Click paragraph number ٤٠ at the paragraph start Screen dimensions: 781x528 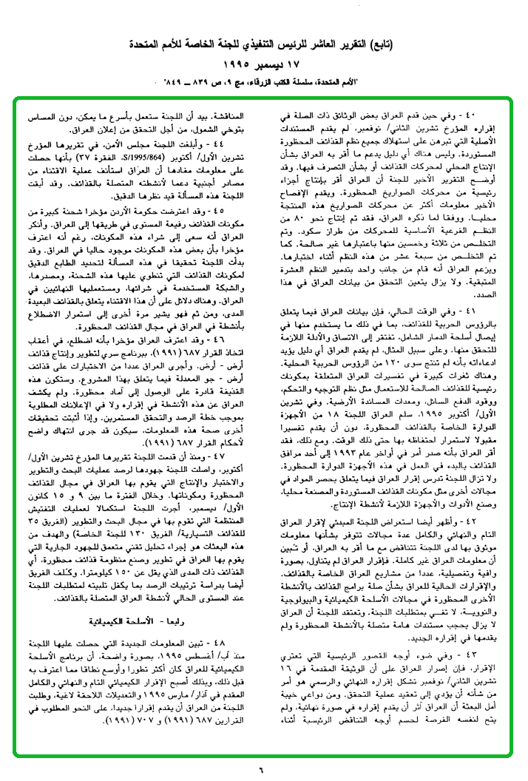click(505, 116)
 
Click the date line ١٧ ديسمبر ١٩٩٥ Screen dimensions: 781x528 click(264, 64)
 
